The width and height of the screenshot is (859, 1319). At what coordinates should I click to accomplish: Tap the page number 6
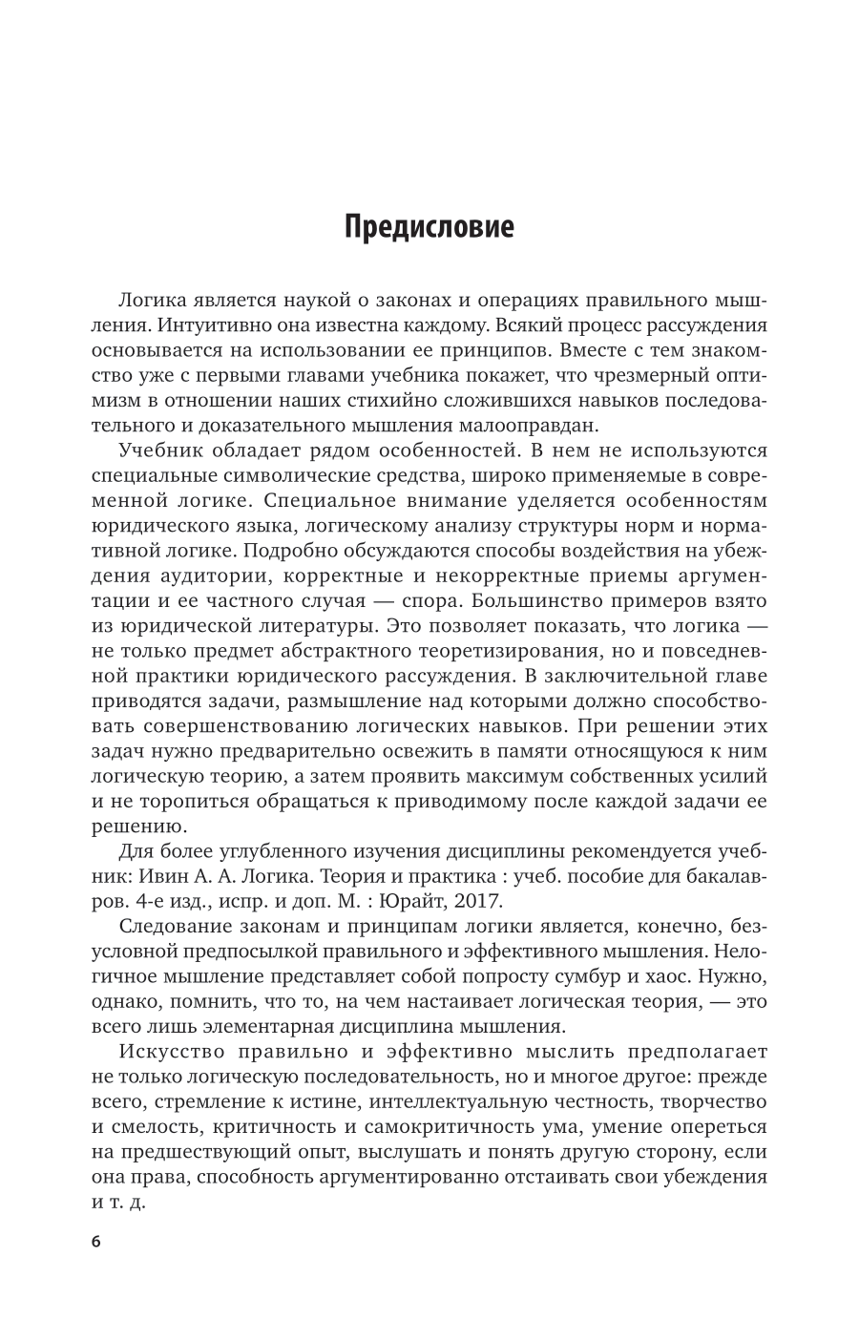coord(95,1241)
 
